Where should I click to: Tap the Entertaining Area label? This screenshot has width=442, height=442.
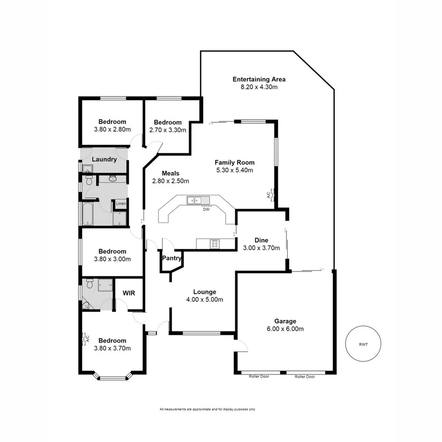click(259, 79)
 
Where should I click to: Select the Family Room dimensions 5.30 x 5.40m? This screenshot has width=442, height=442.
click(235, 170)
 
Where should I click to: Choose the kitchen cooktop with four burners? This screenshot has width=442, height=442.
click(215, 244)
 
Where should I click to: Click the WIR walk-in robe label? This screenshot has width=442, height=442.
click(129, 293)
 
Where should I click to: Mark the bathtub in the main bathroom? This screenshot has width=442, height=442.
click(88, 215)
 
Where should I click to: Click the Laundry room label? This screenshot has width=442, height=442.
click(104, 159)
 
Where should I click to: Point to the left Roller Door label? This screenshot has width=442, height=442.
click(258, 377)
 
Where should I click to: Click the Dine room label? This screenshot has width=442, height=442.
click(261, 240)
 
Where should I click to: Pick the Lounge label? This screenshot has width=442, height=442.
click(205, 292)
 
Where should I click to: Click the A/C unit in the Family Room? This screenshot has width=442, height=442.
click(269, 195)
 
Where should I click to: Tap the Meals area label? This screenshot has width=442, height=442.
click(170, 174)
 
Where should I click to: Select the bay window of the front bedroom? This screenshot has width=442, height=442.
click(112, 378)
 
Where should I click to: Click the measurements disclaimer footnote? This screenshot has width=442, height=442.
click(208, 409)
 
